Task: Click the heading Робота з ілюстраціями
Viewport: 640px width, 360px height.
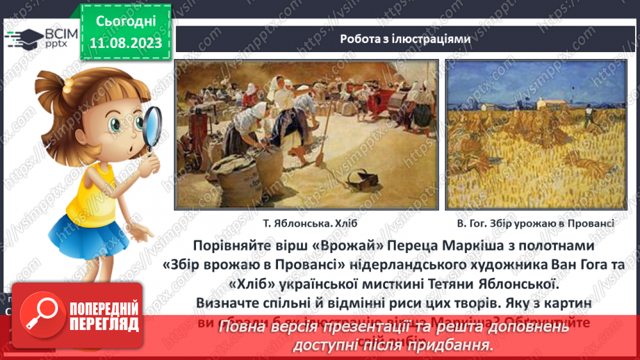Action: (x=405, y=39)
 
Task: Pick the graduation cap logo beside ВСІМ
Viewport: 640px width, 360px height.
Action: (x=22, y=36)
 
